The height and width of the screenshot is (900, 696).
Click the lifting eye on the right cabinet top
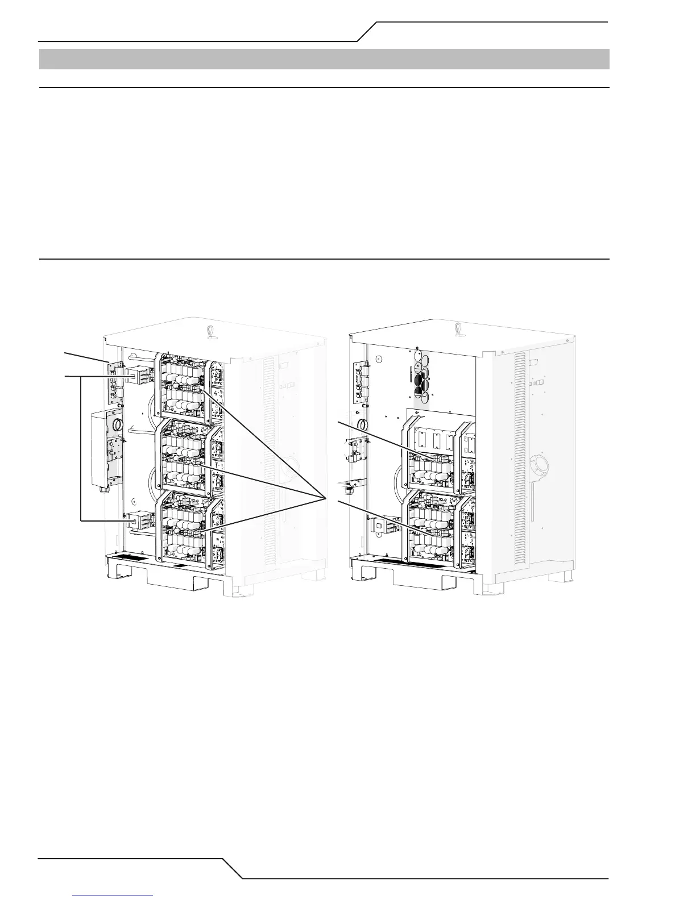click(458, 328)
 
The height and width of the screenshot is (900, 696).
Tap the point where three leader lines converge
click(325, 498)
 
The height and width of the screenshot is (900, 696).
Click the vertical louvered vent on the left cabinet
click(270, 455)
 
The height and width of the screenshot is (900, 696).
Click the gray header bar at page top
click(324, 59)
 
